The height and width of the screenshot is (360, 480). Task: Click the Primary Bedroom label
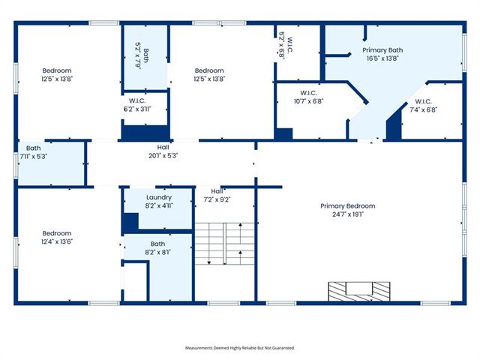[x=348, y=206]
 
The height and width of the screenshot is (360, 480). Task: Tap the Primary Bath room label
[x=382, y=50]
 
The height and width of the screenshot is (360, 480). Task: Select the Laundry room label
[x=159, y=197]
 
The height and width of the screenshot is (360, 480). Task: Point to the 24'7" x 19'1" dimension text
[x=348, y=214]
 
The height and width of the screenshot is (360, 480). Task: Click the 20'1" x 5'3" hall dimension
[x=163, y=155]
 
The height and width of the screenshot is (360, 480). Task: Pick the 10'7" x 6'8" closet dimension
[x=308, y=101]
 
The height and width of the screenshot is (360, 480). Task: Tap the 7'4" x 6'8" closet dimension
[x=423, y=109]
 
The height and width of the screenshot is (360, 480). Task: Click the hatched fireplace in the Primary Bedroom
[x=359, y=292]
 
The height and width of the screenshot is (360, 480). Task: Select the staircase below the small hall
[x=225, y=244]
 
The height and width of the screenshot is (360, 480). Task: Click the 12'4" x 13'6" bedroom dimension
[x=57, y=241]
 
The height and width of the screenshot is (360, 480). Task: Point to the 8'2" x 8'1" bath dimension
[x=158, y=252]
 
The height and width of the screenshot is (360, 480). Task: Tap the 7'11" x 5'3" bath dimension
[x=33, y=157]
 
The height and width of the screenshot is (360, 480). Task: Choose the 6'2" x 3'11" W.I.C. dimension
[x=137, y=109]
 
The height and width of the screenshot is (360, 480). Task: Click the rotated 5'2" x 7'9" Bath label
[x=142, y=55]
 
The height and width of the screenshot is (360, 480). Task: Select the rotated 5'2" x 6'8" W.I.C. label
[x=286, y=45]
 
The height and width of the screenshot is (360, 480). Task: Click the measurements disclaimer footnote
[x=240, y=348]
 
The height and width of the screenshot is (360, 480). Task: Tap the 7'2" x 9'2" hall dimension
[x=217, y=199]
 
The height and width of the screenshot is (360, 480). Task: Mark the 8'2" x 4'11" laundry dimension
[x=159, y=205]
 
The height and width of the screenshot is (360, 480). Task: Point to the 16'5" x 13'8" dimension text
[x=382, y=58]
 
